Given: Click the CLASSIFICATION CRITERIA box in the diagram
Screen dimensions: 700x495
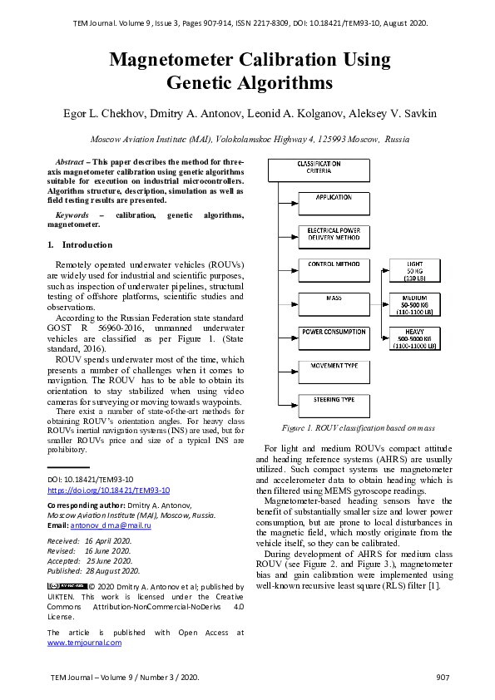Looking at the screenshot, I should pyautogui.click(x=319, y=170).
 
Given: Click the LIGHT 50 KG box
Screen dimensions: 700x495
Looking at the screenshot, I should pyautogui.click(x=414, y=271).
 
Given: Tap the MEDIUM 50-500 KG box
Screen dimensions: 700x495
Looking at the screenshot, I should pyautogui.click(x=414, y=304).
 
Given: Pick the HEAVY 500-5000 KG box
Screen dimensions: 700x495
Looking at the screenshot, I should pyautogui.click(x=414, y=338).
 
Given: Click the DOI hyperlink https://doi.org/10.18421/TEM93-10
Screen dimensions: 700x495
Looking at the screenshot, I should pyautogui.click(x=108, y=490).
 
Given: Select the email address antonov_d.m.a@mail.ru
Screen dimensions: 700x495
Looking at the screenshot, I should pyautogui.click(x=111, y=526).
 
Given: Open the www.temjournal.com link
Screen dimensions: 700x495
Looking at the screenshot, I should pyautogui.click(x=84, y=643).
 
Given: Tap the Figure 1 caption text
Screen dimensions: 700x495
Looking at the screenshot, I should pyautogui.click(x=358, y=429).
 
